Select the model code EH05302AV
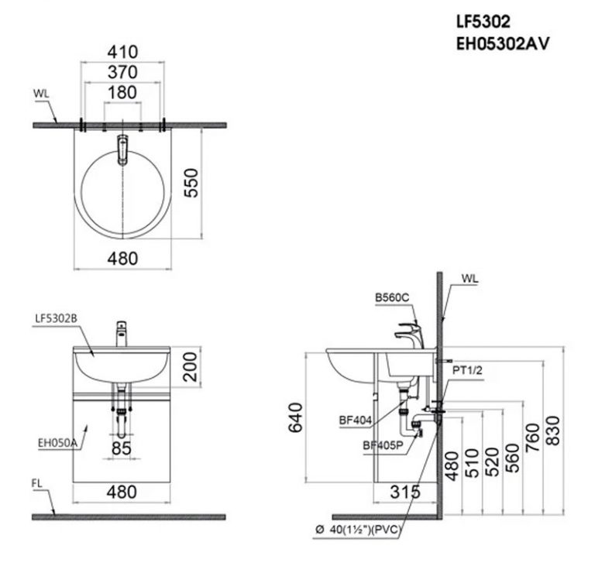(503, 44)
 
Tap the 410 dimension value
(122, 52)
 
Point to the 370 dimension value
(122, 72)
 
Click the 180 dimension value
(122, 93)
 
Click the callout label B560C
(390, 297)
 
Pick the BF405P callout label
(382, 445)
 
